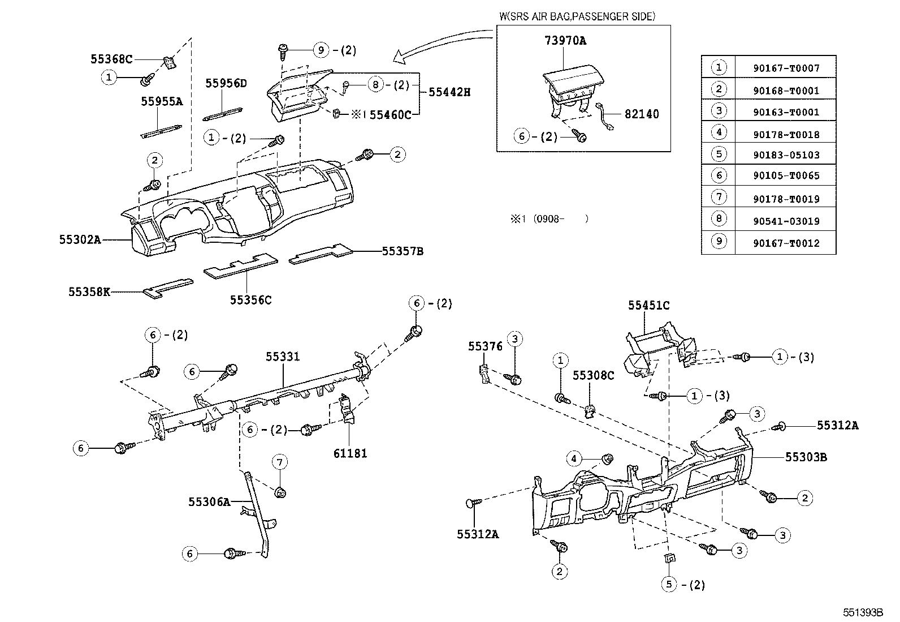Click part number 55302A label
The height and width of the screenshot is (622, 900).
[x=80, y=239]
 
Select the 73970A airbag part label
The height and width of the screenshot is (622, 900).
[x=565, y=41]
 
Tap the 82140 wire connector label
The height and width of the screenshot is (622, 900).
[x=642, y=114]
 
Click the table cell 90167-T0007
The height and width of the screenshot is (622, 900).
[x=786, y=68]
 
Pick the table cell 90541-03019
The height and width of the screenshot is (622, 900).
[x=786, y=221]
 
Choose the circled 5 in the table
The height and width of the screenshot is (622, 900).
[x=719, y=155]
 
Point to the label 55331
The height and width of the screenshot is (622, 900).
[x=283, y=357]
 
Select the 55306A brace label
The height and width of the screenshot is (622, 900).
[x=209, y=501]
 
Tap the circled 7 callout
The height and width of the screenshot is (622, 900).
[x=279, y=462]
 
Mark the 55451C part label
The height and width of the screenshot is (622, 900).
[x=648, y=306]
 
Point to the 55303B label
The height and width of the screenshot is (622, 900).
[x=806, y=457]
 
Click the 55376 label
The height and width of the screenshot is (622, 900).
[x=485, y=346]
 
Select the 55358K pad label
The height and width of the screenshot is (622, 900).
[x=89, y=292]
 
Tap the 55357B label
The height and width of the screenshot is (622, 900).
[x=403, y=251]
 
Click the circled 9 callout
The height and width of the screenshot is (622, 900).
[x=321, y=50]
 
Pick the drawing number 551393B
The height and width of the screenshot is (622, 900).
[x=863, y=613]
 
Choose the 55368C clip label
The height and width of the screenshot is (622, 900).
[x=111, y=59]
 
